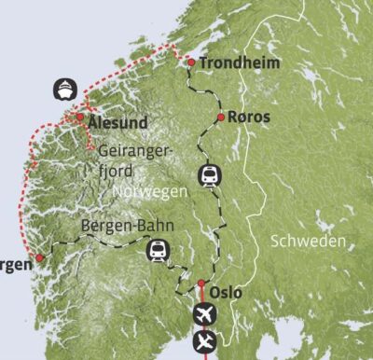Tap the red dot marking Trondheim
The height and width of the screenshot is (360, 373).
click(x=190, y=63)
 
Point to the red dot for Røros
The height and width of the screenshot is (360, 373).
click(x=220, y=118)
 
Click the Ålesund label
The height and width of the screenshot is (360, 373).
click(x=118, y=121)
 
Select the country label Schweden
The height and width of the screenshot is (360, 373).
click(x=308, y=241)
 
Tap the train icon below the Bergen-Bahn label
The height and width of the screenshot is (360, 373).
click(x=158, y=250)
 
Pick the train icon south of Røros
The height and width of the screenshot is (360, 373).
click(x=210, y=174)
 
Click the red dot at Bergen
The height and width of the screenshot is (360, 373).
click(x=40, y=258)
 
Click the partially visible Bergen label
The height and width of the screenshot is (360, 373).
click(x=15, y=266)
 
